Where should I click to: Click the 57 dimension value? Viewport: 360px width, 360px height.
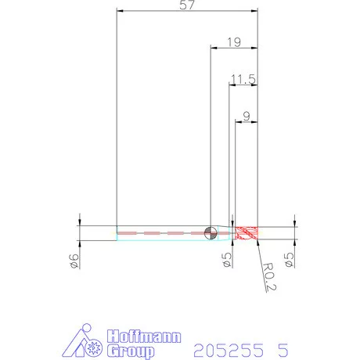pos(187,5)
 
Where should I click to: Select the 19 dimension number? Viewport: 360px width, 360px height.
pos(234,42)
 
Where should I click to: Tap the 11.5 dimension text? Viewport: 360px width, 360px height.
pos(243,79)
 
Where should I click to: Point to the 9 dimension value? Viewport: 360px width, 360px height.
pos(247,117)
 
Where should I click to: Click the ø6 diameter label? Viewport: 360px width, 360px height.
pos(74,261)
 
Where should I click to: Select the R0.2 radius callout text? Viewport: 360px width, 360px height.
pos(269,276)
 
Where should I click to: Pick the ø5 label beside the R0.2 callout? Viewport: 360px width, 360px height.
pos(289,260)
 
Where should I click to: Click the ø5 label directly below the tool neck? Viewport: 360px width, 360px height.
pos(227,260)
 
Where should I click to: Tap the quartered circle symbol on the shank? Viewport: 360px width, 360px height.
pos(211,232)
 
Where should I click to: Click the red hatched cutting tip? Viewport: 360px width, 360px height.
pos(247,233)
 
